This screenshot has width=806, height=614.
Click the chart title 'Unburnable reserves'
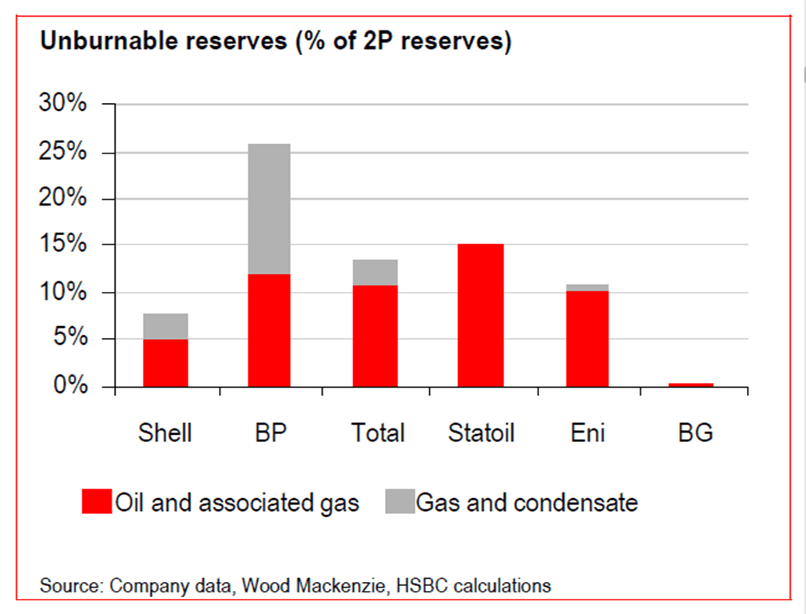point(164,41)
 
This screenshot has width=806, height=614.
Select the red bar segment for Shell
point(165,363)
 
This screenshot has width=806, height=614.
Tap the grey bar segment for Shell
point(165,326)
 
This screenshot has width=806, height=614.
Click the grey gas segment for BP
point(269,209)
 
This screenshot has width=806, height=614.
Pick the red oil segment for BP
point(269,330)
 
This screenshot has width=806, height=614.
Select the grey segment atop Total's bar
point(375,273)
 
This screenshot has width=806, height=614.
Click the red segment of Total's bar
point(375,336)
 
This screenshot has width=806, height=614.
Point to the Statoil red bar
point(481,316)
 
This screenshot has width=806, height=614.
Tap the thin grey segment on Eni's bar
point(588,288)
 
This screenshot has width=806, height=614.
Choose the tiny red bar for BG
point(692,385)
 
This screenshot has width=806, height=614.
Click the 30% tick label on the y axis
point(63,103)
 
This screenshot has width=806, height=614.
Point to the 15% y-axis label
point(63,243)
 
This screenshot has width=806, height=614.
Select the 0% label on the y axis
point(70,385)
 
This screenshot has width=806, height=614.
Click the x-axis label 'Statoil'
point(481,433)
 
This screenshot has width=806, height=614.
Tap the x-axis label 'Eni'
point(588,433)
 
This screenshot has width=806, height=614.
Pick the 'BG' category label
point(696,433)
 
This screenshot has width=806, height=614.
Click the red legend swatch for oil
point(97,501)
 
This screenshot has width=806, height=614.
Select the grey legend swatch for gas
point(400,501)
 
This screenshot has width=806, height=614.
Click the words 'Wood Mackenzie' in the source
point(313,586)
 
